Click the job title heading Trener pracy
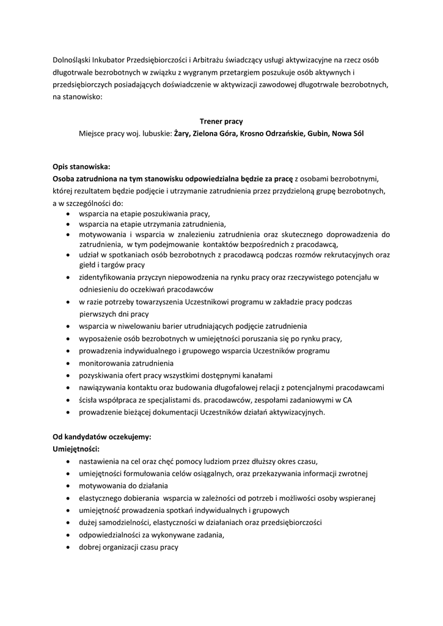point(221,121)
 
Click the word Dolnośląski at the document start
point(74,60)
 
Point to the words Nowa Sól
point(348,133)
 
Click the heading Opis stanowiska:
point(81,166)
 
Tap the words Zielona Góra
point(215,133)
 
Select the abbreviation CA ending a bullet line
point(347,400)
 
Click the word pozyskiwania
point(101,375)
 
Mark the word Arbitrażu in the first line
point(208,60)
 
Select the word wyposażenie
point(101,338)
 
